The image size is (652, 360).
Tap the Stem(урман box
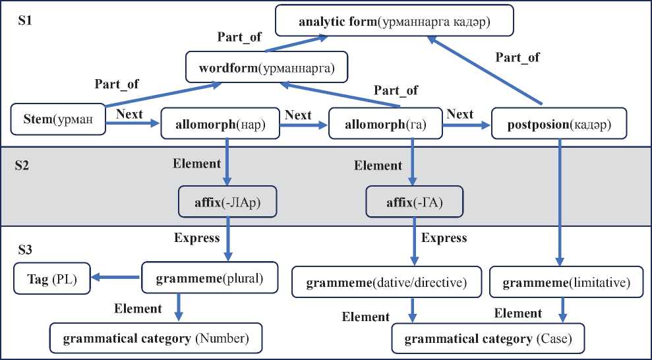pos(59,119)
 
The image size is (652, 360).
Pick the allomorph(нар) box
pos(221,123)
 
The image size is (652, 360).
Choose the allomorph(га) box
pos(385,123)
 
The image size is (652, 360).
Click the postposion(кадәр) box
pos(559,123)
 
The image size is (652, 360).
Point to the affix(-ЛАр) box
pos(227,203)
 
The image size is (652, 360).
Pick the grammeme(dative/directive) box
pos(386,284)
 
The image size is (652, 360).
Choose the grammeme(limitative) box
pos(566,283)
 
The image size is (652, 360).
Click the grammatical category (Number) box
pos(156,339)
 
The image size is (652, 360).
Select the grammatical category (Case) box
pos(487,339)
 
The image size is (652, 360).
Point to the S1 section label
pos(26,20)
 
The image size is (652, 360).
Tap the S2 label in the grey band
pos(24,165)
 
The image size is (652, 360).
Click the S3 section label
pos(26,250)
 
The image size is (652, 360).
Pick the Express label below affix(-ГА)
pos(444,237)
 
